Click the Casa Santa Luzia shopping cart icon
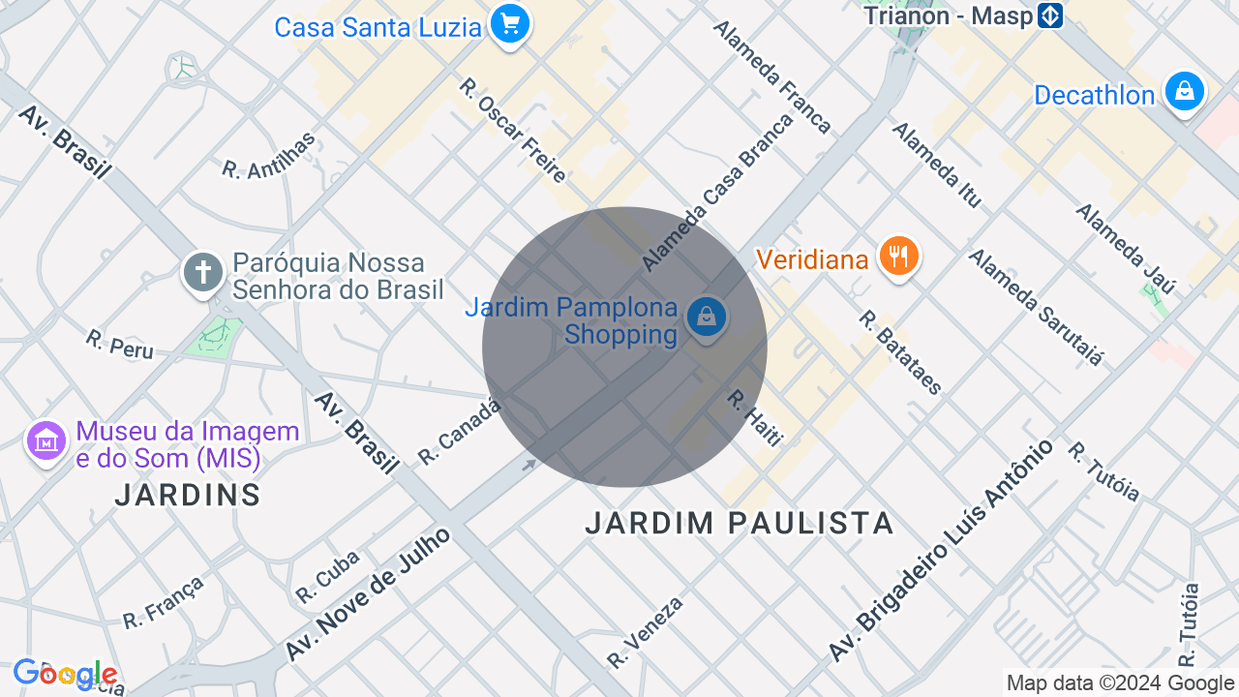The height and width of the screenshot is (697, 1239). coord(509,22)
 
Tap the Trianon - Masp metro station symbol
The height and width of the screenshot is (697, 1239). coord(1049,15)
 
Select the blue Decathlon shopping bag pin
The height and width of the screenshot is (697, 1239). coord(1184,92)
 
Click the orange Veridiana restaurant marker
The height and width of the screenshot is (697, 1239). coord(899,257)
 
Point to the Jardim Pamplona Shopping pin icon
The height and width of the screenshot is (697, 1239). coord(707,318)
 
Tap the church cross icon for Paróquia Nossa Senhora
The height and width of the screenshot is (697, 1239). coord(203,272)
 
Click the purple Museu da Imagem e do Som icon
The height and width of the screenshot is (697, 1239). coord(45,441)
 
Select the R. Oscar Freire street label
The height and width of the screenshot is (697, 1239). coord(513,131)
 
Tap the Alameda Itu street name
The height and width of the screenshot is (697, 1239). coord(937,165)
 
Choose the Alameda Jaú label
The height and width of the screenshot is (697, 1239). coord(1125,248)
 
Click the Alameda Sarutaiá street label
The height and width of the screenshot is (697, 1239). coord(1036,307)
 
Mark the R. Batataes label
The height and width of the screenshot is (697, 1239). coord(900,352)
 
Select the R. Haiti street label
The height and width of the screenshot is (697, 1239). coord(754,418)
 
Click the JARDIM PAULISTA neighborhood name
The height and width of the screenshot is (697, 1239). coord(740,524)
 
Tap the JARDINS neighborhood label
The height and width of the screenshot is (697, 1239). coord(188,495)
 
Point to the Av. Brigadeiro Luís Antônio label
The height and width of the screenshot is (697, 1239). coord(940,550)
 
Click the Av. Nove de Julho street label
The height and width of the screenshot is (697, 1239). coord(368,594)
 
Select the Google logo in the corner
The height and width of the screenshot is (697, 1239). coord(65,674)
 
